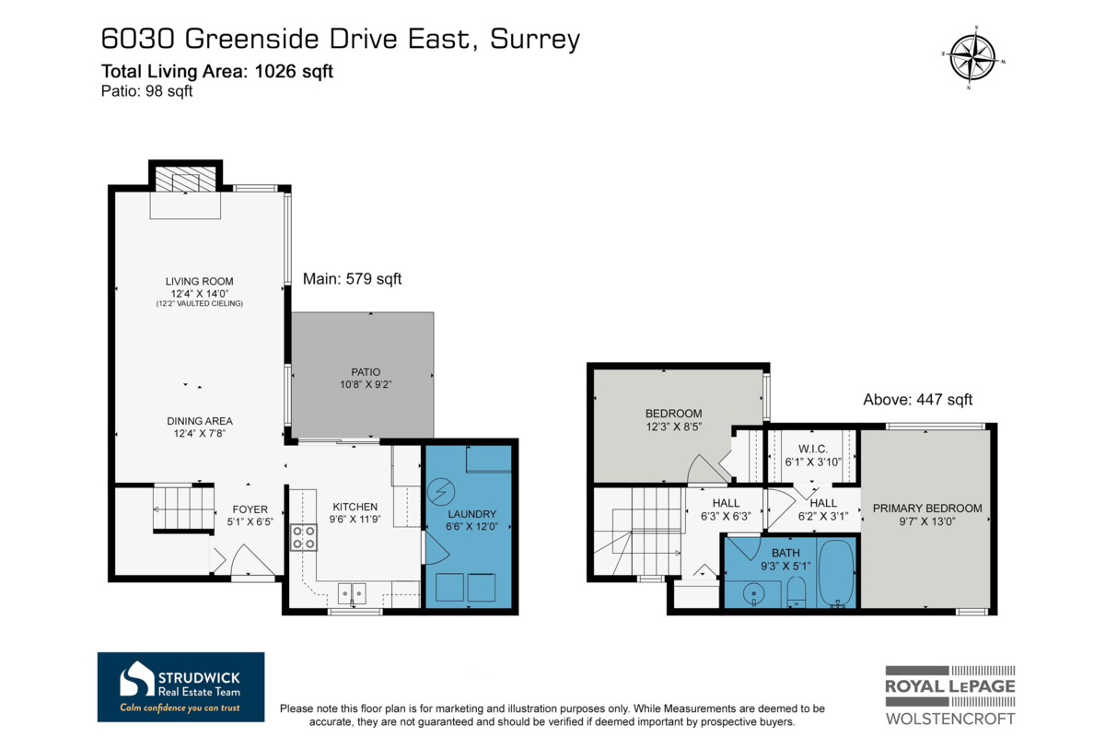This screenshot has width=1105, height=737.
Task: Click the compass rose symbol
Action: (x=972, y=57)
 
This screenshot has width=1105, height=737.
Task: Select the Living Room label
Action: (x=199, y=281)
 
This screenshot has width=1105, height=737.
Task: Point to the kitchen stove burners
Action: (x=304, y=536)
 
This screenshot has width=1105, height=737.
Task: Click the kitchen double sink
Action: (x=351, y=591)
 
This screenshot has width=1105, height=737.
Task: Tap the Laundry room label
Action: (x=471, y=514)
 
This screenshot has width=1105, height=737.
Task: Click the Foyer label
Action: (x=250, y=509)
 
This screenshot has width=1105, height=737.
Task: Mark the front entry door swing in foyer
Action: (x=249, y=560)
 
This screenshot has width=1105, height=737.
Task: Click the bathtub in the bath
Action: (x=836, y=573)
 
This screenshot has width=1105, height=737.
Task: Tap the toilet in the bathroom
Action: (x=798, y=591)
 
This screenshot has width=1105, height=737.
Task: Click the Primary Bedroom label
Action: (x=927, y=509)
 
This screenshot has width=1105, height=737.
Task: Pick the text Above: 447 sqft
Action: (x=917, y=400)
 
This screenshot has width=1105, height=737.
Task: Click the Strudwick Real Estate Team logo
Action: (x=180, y=687)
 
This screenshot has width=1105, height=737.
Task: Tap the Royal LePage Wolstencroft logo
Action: (x=950, y=694)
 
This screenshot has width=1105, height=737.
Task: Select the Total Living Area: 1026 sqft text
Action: (x=216, y=72)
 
